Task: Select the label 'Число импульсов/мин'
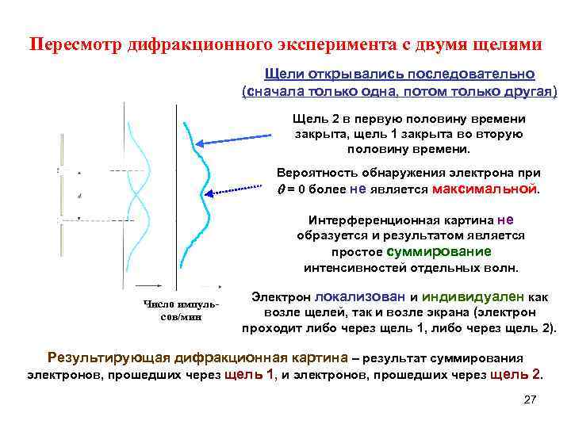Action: tap(175, 311)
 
